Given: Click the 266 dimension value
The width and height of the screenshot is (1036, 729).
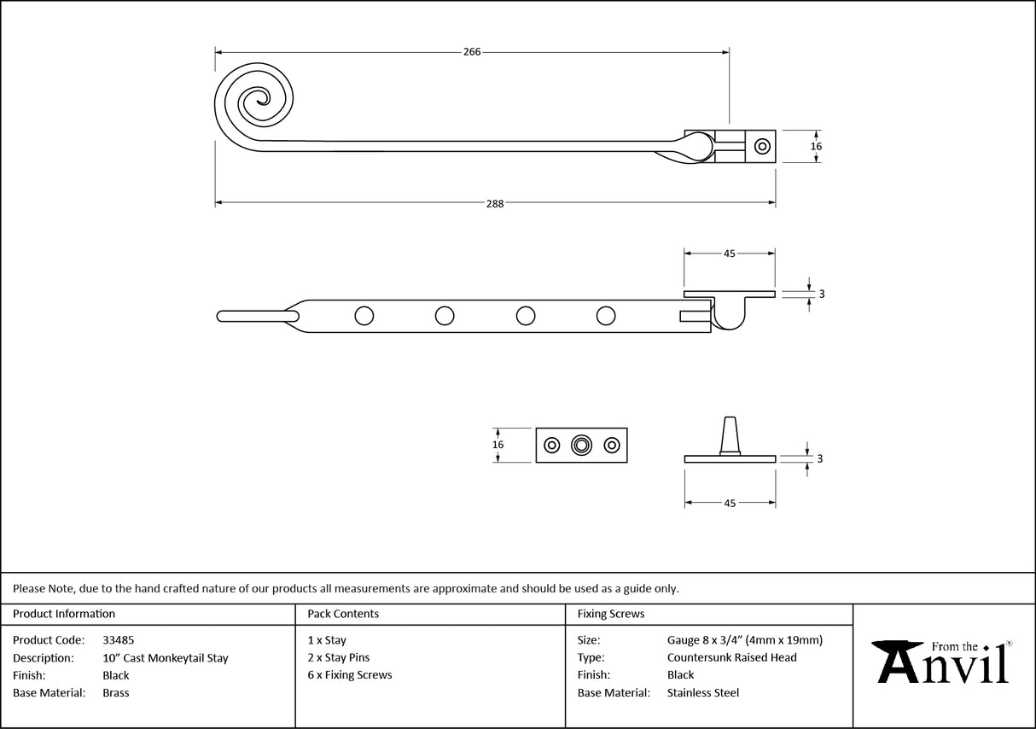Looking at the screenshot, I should tap(472, 51).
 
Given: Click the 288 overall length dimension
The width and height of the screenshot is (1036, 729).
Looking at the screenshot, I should tap(495, 203).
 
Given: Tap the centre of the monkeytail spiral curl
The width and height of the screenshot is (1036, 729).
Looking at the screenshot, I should tap(254, 102).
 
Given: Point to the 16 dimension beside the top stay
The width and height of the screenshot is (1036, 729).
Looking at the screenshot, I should tap(816, 147).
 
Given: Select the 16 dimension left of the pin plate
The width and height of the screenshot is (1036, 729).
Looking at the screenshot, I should tap(498, 445).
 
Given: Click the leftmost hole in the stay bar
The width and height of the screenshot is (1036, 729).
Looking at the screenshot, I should tap(364, 316).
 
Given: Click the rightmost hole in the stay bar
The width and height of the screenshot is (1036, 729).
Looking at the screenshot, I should tap(606, 316).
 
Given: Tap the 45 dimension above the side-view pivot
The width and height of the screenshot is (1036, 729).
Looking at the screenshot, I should tap(730, 254).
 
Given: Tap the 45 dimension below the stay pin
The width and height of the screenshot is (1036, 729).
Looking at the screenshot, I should tap(730, 504).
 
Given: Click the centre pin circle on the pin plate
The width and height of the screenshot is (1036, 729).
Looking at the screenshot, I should tap(582, 445).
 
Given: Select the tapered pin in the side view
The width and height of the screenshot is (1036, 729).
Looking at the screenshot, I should tap(730, 435).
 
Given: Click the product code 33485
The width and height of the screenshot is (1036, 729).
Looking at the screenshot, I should tap(118, 640).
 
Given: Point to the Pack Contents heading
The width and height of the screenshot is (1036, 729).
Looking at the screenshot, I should tap(343, 614).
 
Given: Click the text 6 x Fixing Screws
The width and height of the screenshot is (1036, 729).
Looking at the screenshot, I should tap(350, 675).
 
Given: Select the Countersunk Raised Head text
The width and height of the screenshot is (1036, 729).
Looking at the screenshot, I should tap(731, 657).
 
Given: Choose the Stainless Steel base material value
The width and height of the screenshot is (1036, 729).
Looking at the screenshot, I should tap(702, 693).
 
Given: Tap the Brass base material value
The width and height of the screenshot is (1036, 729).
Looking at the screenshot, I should tap(115, 693).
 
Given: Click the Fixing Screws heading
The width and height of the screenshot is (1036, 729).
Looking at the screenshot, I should tap(611, 614).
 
